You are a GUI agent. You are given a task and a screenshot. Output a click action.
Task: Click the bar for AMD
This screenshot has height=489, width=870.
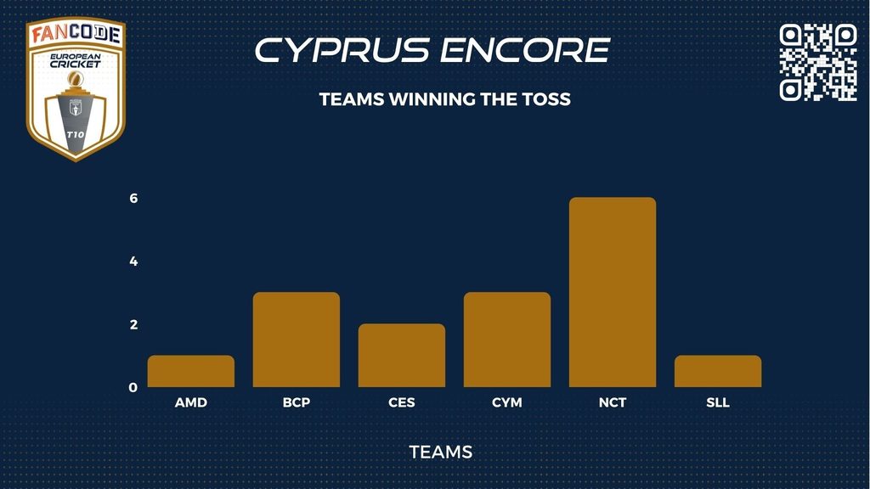point(191,371)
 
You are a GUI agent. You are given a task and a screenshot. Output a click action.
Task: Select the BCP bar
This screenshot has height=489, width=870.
point(297,340)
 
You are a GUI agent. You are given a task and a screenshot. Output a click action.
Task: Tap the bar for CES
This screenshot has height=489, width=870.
point(402,356)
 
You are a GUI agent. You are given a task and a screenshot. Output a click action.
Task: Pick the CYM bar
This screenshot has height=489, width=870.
point(507,340)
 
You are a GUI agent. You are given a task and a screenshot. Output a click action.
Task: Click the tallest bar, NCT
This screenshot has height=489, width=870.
point(613,292)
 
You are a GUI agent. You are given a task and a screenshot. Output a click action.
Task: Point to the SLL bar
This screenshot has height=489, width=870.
point(718,371)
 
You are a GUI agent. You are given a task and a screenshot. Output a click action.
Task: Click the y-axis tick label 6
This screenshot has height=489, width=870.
point(133,198)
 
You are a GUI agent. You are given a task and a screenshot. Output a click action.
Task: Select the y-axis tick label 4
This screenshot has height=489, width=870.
point(133,261)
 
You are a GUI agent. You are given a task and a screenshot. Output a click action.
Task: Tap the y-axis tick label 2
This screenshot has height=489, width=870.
point(133,324)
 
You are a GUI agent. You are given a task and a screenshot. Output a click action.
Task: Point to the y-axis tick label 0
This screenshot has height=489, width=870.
point(133,387)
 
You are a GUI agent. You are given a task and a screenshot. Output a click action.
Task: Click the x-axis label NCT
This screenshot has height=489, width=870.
point(613,402)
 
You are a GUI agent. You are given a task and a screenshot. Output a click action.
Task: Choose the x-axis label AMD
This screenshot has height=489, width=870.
point(191,402)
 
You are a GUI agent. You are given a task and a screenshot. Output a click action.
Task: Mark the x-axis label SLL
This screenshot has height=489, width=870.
point(718,402)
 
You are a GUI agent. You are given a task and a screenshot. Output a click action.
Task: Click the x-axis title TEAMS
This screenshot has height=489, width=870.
point(441,452)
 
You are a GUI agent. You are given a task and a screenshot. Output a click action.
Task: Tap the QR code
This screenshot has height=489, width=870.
point(818,62)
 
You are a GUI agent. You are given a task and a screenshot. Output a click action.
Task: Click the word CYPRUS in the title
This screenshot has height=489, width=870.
point(342,50)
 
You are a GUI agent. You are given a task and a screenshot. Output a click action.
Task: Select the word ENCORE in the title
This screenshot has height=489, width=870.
point(525,50)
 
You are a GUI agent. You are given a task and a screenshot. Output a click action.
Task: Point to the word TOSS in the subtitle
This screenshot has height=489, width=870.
point(546,99)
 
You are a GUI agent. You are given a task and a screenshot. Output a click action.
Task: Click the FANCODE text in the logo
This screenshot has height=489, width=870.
point(76,34)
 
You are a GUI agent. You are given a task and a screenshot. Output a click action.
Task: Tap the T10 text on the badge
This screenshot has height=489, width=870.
point(76,135)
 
